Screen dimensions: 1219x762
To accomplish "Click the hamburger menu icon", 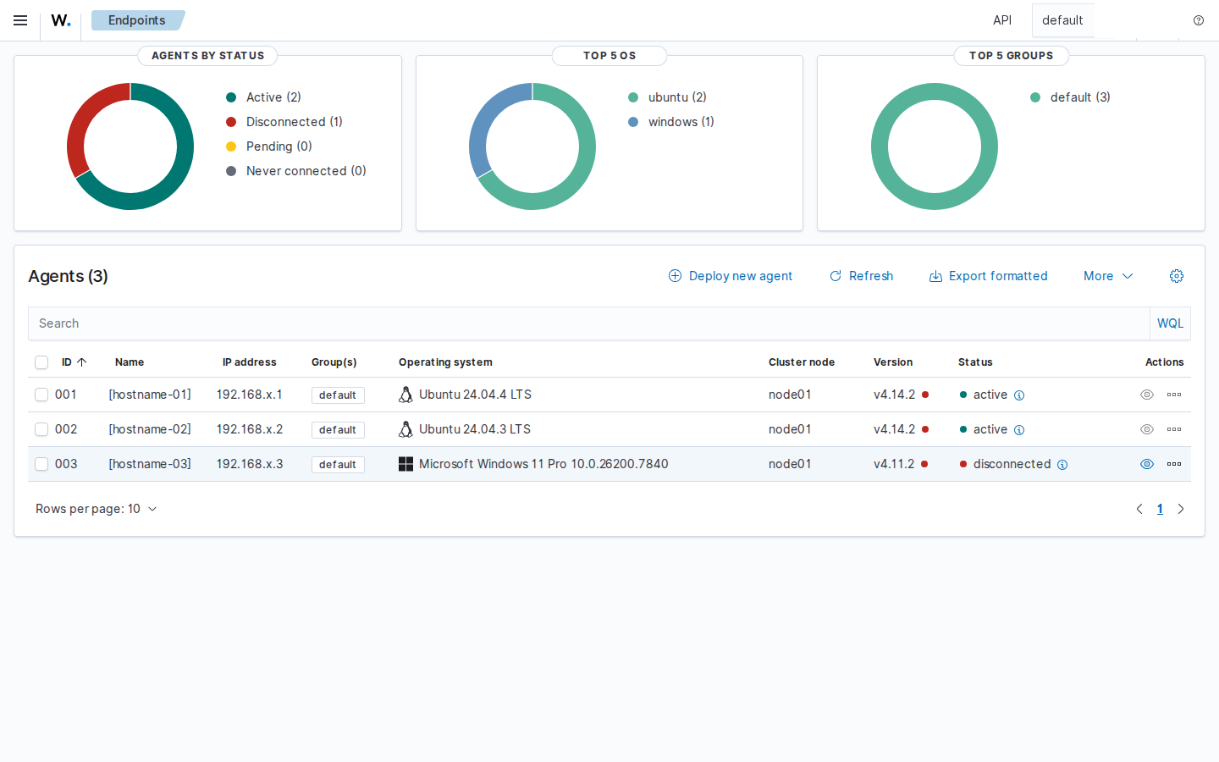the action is pyautogui.click(x=20, y=20).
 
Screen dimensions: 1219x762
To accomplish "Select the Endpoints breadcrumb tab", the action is pyautogui.click(x=137, y=20).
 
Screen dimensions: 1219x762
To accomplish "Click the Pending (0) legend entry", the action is pyautogui.click(x=269, y=146).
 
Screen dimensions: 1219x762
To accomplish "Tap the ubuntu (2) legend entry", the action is pyautogui.click(x=667, y=97).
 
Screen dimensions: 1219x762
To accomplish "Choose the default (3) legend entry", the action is pyautogui.click(x=1070, y=97).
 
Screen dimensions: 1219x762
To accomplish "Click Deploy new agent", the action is pyautogui.click(x=731, y=276).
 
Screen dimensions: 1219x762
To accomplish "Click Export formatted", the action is pyautogui.click(x=988, y=276).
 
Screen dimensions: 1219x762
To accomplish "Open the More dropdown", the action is pyautogui.click(x=1108, y=276).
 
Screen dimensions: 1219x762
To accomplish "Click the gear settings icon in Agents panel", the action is pyautogui.click(x=1177, y=276).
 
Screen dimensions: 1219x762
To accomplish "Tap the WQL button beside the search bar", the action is pyautogui.click(x=1170, y=323).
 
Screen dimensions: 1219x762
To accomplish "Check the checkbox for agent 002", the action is pyautogui.click(x=41, y=429).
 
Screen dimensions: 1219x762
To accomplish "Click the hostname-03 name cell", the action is pyautogui.click(x=150, y=464).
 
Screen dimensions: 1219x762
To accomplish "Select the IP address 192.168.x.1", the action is pyautogui.click(x=249, y=395).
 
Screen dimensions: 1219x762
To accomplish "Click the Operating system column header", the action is pyautogui.click(x=445, y=362).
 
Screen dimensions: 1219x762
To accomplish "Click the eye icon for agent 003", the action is pyautogui.click(x=1146, y=464).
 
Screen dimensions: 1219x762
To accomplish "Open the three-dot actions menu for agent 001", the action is pyautogui.click(x=1174, y=395).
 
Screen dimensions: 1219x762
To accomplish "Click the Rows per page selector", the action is pyautogui.click(x=97, y=509).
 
